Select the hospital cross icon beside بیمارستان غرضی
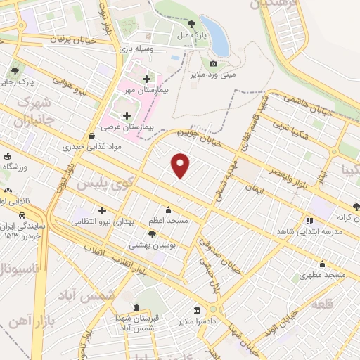point(127,115)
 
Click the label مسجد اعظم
point(167,221)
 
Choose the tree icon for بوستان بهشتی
point(152,233)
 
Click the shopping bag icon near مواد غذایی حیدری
point(92,136)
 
